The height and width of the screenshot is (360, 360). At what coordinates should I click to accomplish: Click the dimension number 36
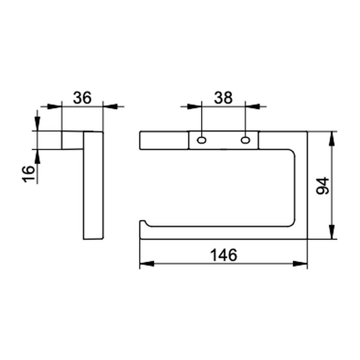[x=82, y=98]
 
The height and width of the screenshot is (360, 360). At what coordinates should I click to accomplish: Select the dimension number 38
[x=223, y=98]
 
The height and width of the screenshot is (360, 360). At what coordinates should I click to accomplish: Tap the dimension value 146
[x=224, y=255]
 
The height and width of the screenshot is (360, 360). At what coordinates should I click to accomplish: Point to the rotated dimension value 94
[x=323, y=186]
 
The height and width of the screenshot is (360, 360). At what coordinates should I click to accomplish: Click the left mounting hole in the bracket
[x=201, y=140]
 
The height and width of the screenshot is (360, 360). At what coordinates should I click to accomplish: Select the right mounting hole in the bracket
[x=245, y=140]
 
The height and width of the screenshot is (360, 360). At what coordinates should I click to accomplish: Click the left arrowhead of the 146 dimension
[x=147, y=264]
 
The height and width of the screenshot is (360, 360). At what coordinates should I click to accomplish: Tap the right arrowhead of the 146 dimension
[x=300, y=264]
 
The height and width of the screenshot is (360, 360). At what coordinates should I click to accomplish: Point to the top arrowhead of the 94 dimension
[x=332, y=139]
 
